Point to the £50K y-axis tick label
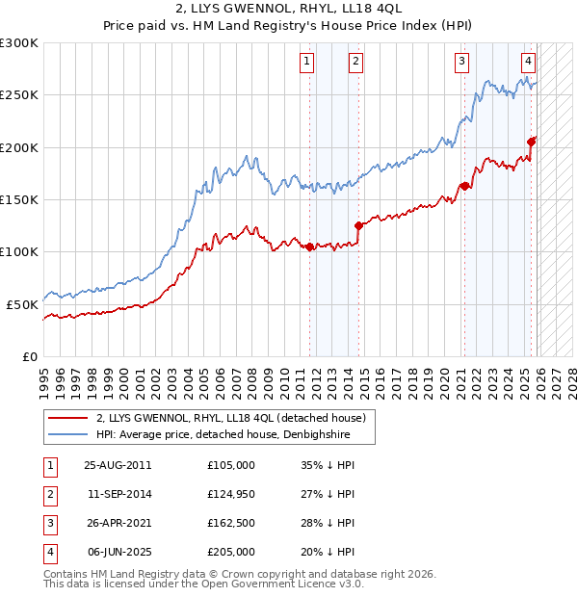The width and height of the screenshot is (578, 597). coord(23,304)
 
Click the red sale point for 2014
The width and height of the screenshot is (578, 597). coord(358,226)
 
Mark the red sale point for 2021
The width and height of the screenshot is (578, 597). coord(464,187)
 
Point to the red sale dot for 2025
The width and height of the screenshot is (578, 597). coord(532,142)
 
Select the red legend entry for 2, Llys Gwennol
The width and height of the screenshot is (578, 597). coord(230,419)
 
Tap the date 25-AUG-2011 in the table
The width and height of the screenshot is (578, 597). coord(118,465)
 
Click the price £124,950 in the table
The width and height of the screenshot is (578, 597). coord(231,494)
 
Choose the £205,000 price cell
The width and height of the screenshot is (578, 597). coord(231,552)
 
